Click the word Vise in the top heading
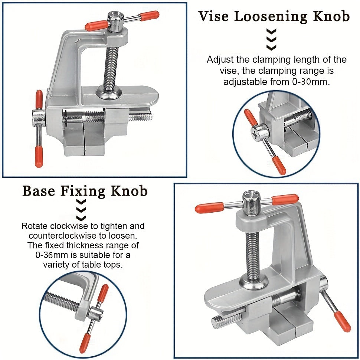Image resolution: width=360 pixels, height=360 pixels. tap(215, 17)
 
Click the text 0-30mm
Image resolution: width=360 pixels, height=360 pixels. tap(312, 82)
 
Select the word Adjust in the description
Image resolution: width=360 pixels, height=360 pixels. tap(220, 60)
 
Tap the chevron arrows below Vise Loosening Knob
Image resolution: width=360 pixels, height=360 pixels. tap(272, 39)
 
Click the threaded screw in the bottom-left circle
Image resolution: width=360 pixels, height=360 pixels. tap(61, 301)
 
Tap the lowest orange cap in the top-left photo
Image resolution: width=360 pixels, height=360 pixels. tap(38, 157)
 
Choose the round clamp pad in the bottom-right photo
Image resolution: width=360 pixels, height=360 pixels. tap(253, 283)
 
